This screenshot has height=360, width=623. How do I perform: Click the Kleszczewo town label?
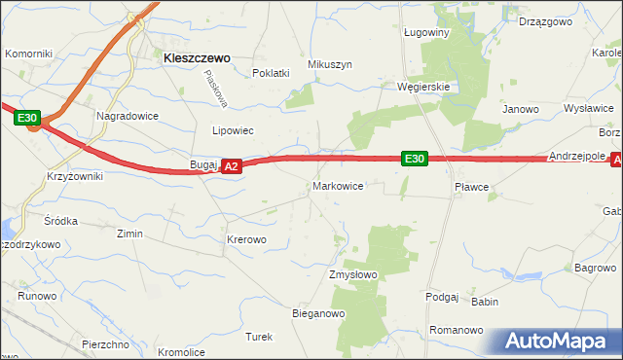pos(197,57)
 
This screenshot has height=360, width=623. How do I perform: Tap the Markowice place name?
pos(338,185)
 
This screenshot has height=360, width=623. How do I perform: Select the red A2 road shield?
pos(231,167)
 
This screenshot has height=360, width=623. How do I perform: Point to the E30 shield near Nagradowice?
pos(27,119)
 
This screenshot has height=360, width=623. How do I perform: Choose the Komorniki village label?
pos(28,54)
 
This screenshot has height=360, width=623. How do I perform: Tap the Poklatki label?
pos(272,73)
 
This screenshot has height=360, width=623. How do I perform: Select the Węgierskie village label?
pos(423,86)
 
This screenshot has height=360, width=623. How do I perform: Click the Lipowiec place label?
pos(233,129)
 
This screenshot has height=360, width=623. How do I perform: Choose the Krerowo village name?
pos(246,238)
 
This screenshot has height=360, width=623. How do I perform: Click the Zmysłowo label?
pos(352,275)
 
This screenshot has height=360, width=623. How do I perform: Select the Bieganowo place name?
pos(319,314)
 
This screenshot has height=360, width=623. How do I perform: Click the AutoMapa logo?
pos(561,341)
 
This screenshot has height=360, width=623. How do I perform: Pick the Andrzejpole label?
pos(576,156)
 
